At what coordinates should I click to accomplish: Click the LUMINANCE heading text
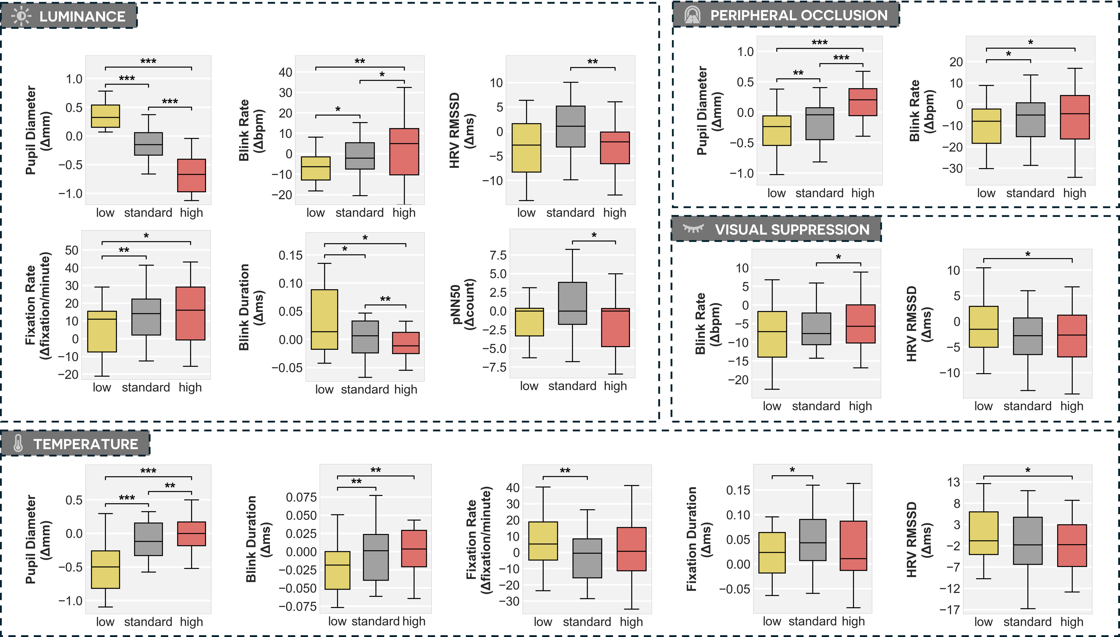pyautogui.click(x=82, y=17)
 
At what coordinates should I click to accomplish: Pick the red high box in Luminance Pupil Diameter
pyautogui.click(x=191, y=175)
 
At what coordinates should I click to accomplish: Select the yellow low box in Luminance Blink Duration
pyautogui.click(x=324, y=319)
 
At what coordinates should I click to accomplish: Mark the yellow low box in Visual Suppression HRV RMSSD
pyautogui.click(x=983, y=327)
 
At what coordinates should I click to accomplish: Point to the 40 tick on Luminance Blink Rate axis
pyautogui.click(x=285, y=72)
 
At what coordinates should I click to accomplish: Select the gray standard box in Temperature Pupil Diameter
pyautogui.click(x=148, y=539)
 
